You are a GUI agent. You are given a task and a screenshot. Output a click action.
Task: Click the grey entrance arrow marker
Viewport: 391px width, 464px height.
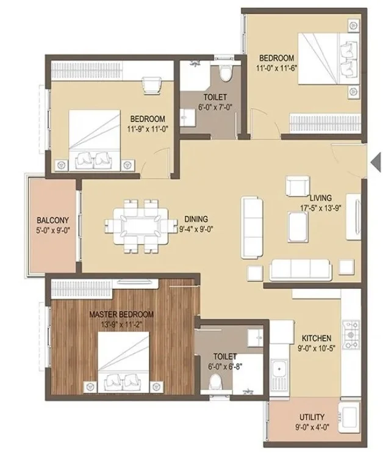point(376,162)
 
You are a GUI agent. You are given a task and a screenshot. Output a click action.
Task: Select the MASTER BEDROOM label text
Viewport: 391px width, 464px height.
point(121,314)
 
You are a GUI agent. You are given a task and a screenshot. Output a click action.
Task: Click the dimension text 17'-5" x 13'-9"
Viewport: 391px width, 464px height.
point(321,208)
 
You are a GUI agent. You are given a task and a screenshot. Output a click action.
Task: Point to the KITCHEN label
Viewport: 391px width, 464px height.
point(316,338)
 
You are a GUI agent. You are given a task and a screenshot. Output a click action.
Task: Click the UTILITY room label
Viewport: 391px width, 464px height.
point(312,417)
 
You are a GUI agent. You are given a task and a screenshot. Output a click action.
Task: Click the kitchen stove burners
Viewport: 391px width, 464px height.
point(351,335)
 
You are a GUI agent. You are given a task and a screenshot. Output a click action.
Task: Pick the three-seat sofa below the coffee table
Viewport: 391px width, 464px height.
point(301,270)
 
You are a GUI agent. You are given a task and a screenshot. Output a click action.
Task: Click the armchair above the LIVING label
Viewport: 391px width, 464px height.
point(298,186)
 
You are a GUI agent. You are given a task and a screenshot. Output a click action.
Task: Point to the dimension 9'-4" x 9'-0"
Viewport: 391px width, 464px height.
point(196,229)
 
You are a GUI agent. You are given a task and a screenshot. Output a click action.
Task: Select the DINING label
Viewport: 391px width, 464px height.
point(196,219)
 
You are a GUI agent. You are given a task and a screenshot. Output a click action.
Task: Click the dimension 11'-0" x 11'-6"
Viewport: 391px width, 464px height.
point(276,68)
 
